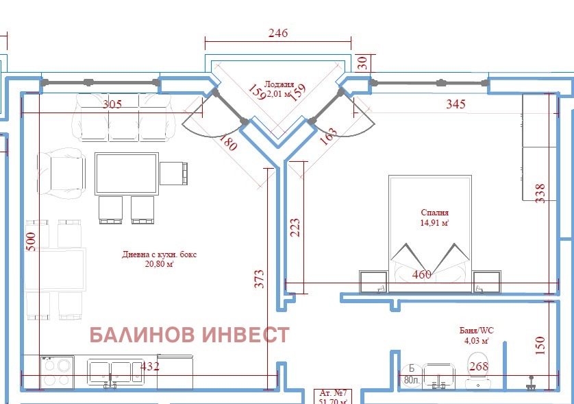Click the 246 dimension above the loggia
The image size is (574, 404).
click(x=277, y=33)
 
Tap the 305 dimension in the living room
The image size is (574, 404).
click(x=112, y=104)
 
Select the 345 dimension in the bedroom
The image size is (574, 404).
click(x=456, y=104)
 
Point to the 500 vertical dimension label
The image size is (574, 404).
click(x=30, y=241)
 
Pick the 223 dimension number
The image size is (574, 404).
click(x=295, y=227)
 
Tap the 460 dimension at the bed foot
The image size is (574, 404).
click(x=421, y=275)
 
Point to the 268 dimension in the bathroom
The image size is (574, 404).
click(x=478, y=367)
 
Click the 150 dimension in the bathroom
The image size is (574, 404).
click(x=540, y=346)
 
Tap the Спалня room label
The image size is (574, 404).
click(x=434, y=213)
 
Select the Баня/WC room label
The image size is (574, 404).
click(x=476, y=330)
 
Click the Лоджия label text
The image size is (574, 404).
click(x=279, y=84)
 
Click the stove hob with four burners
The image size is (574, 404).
click(x=56, y=372)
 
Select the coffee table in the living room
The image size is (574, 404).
click(x=126, y=174)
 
